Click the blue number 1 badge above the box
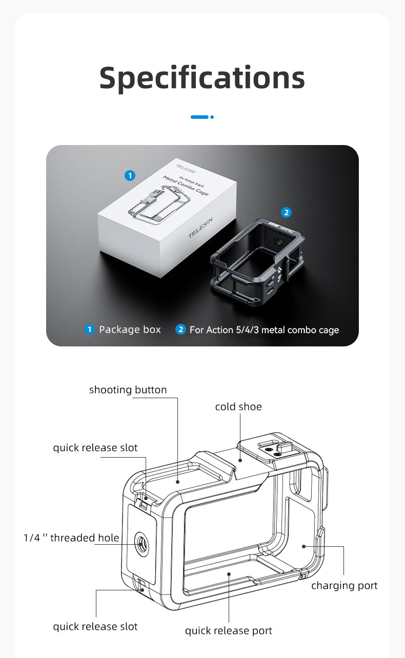[x=130, y=176]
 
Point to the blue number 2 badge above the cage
[x=286, y=212]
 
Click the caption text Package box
[x=130, y=330]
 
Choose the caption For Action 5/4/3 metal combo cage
[x=264, y=330]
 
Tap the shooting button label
[x=128, y=389]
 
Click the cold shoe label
[x=238, y=406]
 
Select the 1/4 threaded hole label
[x=71, y=538]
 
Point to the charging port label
[x=344, y=585]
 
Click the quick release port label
[x=228, y=630]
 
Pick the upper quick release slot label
[x=95, y=447]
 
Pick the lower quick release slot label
[x=95, y=626]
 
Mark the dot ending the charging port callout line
[x=304, y=546]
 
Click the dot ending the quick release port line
[x=229, y=575]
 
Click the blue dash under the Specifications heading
[x=200, y=117]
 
